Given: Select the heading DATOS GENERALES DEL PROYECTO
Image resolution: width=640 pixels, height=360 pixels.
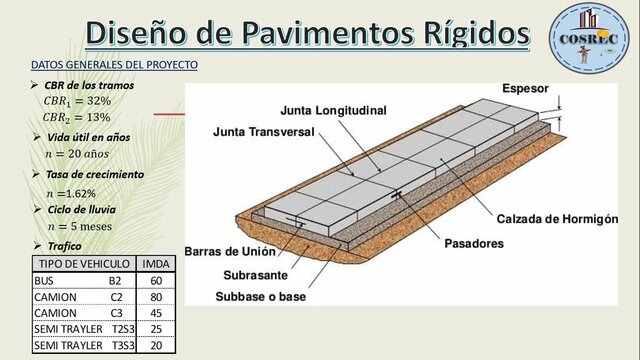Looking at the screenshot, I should click(x=114, y=65).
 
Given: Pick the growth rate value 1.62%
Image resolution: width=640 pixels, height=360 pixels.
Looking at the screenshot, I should click(x=78, y=192).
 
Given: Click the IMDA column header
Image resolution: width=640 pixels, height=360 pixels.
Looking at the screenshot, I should click(x=156, y=265).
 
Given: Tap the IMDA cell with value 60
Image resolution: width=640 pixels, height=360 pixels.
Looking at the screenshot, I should click(x=156, y=281).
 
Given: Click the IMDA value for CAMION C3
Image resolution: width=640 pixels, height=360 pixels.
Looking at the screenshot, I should click(x=156, y=313).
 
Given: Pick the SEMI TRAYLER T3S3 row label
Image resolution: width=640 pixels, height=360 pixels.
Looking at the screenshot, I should click(x=82, y=345).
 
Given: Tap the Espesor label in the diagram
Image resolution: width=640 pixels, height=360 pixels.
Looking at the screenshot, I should click(x=525, y=88).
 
